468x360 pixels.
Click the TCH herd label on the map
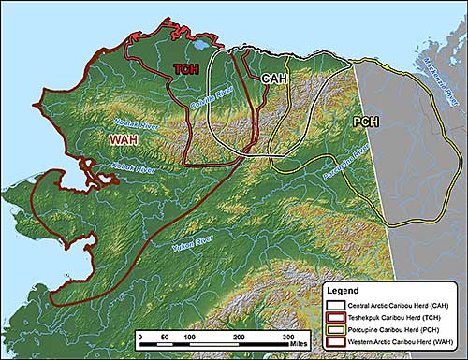(x=187, y=69)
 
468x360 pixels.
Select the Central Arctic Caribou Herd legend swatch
(x=334, y=305)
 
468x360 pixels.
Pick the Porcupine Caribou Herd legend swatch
(x=334, y=332)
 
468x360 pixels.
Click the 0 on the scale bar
(x=139, y=337)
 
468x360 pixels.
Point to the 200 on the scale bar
(x=239, y=337)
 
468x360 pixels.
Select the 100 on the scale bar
(x=189, y=337)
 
